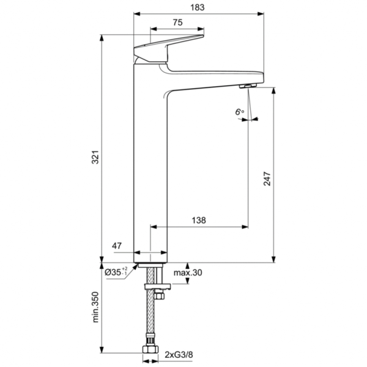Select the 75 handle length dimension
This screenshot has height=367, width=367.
[177, 23]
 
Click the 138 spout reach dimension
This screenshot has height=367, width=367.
[199, 220]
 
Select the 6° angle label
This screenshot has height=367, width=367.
[239, 112]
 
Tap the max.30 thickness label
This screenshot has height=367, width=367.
[187, 272]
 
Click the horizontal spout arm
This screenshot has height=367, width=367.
[214, 78]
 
